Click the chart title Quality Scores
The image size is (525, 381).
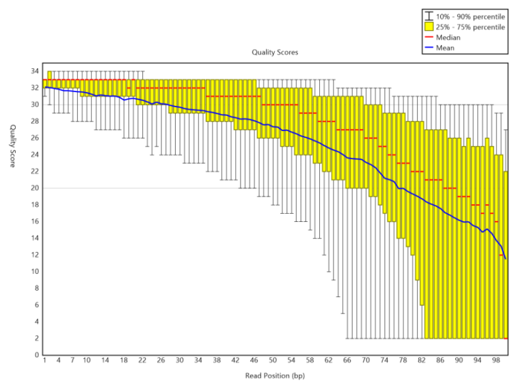[x=275, y=52]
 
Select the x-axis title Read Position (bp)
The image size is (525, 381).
[x=275, y=375]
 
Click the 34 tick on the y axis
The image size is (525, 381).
[x=35, y=71]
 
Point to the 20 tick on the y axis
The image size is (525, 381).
[x=35, y=188]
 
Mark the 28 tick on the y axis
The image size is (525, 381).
[x=35, y=121]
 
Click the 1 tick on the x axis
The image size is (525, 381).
[x=45, y=361]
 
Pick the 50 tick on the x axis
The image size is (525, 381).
[x=272, y=361]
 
